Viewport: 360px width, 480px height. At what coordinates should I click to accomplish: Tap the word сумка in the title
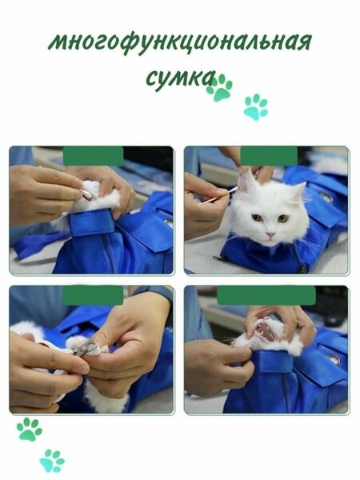[179, 79]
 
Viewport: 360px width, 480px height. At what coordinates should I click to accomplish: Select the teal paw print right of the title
[256, 106]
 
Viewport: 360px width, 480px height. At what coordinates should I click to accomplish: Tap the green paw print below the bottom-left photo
[29, 429]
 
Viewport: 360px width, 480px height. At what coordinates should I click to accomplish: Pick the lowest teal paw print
[52, 461]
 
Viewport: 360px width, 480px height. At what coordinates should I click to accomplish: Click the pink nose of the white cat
[270, 234]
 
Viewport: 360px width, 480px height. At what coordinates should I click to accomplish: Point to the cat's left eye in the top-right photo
[283, 218]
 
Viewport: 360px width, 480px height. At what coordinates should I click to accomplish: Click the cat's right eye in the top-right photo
[257, 218]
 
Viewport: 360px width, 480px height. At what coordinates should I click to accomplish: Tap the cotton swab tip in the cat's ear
[233, 190]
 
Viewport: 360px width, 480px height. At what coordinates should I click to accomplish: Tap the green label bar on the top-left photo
[93, 156]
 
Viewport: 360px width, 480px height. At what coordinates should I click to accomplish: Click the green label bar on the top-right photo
[269, 155]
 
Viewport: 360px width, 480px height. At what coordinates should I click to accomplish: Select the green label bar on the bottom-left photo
[93, 295]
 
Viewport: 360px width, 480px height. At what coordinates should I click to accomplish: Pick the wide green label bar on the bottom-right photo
[266, 296]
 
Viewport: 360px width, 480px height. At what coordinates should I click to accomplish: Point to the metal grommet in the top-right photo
[326, 198]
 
